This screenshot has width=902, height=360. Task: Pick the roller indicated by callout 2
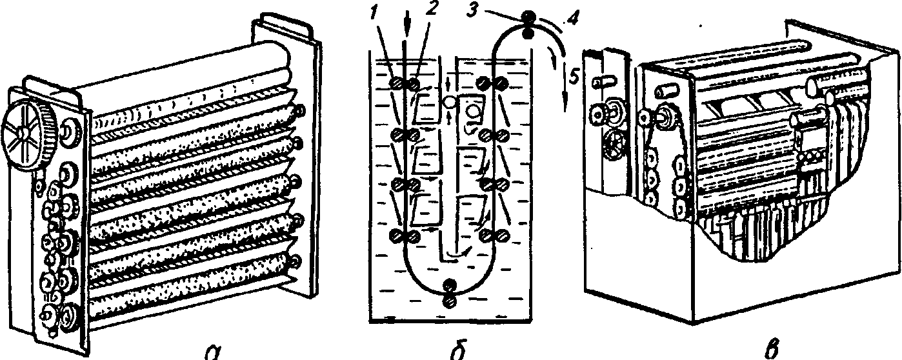click(413, 84)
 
